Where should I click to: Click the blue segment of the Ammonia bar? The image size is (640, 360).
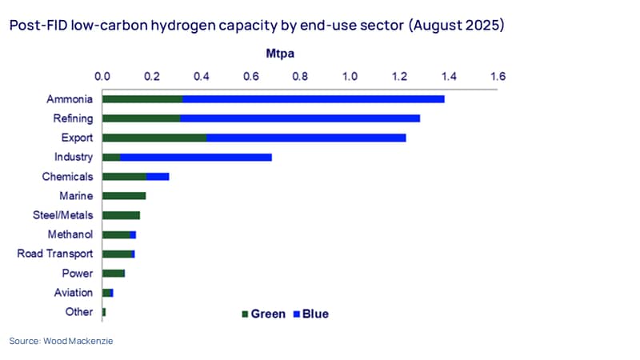[x=314, y=99]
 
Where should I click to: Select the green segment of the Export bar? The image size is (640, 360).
[x=154, y=138]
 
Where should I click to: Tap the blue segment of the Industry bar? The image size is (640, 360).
[x=196, y=157]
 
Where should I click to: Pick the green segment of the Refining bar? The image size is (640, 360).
[x=142, y=118]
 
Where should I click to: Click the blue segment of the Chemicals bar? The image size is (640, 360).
[x=158, y=177]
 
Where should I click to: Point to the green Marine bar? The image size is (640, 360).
[x=124, y=196]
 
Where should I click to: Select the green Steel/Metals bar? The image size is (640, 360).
[x=122, y=215]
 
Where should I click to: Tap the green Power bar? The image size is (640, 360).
[x=114, y=274]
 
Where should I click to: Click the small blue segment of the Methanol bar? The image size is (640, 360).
[x=133, y=234]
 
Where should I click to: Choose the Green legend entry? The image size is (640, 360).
[x=264, y=314]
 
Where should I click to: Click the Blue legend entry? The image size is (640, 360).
[x=311, y=314]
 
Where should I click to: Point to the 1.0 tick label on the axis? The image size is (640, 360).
[x=350, y=76]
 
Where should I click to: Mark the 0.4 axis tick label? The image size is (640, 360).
[x=202, y=76]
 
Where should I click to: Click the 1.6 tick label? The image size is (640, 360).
[x=498, y=76]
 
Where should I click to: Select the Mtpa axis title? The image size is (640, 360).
[x=280, y=54]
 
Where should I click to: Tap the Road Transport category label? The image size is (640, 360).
[x=55, y=254]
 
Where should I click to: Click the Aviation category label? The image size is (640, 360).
[x=74, y=293]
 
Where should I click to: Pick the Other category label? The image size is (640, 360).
[x=79, y=312]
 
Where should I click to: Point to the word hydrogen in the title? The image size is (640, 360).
[x=183, y=26]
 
